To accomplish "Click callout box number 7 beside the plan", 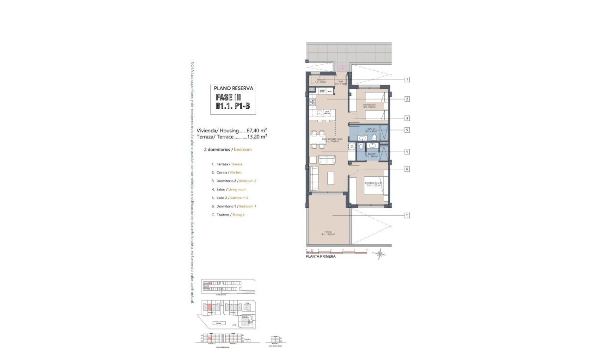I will coord(407,80).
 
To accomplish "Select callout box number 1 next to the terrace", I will coord(407,215).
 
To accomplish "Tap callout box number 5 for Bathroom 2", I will coord(407,130).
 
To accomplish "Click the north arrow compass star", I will coord(380,254).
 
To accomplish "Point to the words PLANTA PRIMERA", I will coord(321,257).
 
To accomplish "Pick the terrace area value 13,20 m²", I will coord(257,137).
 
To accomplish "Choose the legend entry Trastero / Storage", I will coord(227,215).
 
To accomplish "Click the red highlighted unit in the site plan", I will coord(209,307).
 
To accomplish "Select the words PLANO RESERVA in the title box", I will coord(233,88).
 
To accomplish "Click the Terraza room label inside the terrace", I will coord(328,233).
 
